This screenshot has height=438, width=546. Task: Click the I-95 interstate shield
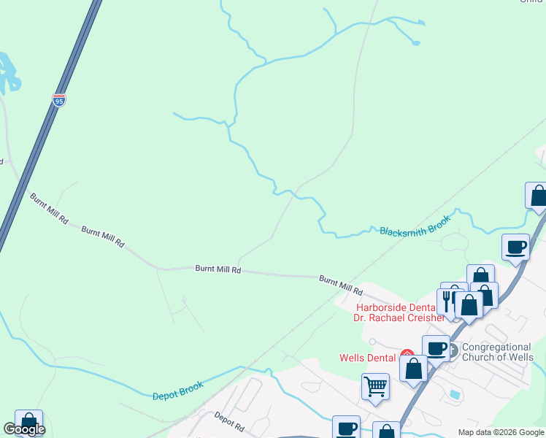(x=59, y=100)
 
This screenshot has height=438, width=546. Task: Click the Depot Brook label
(x=178, y=391)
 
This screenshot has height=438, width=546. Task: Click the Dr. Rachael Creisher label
(x=399, y=318)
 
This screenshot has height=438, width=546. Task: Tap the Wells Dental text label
(x=368, y=358)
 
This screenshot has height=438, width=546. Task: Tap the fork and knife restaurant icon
(x=447, y=299)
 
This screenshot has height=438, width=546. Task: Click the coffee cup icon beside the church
(x=436, y=347)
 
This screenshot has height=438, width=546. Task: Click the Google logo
(x=24, y=429)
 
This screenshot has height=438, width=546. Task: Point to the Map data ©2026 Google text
(x=500, y=432)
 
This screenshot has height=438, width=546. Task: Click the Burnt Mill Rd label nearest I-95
(x=49, y=208)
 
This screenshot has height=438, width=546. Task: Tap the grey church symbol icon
(x=453, y=351)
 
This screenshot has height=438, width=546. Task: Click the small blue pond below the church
(x=456, y=394)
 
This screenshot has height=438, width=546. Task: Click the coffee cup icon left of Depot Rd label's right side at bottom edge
(x=346, y=427)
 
